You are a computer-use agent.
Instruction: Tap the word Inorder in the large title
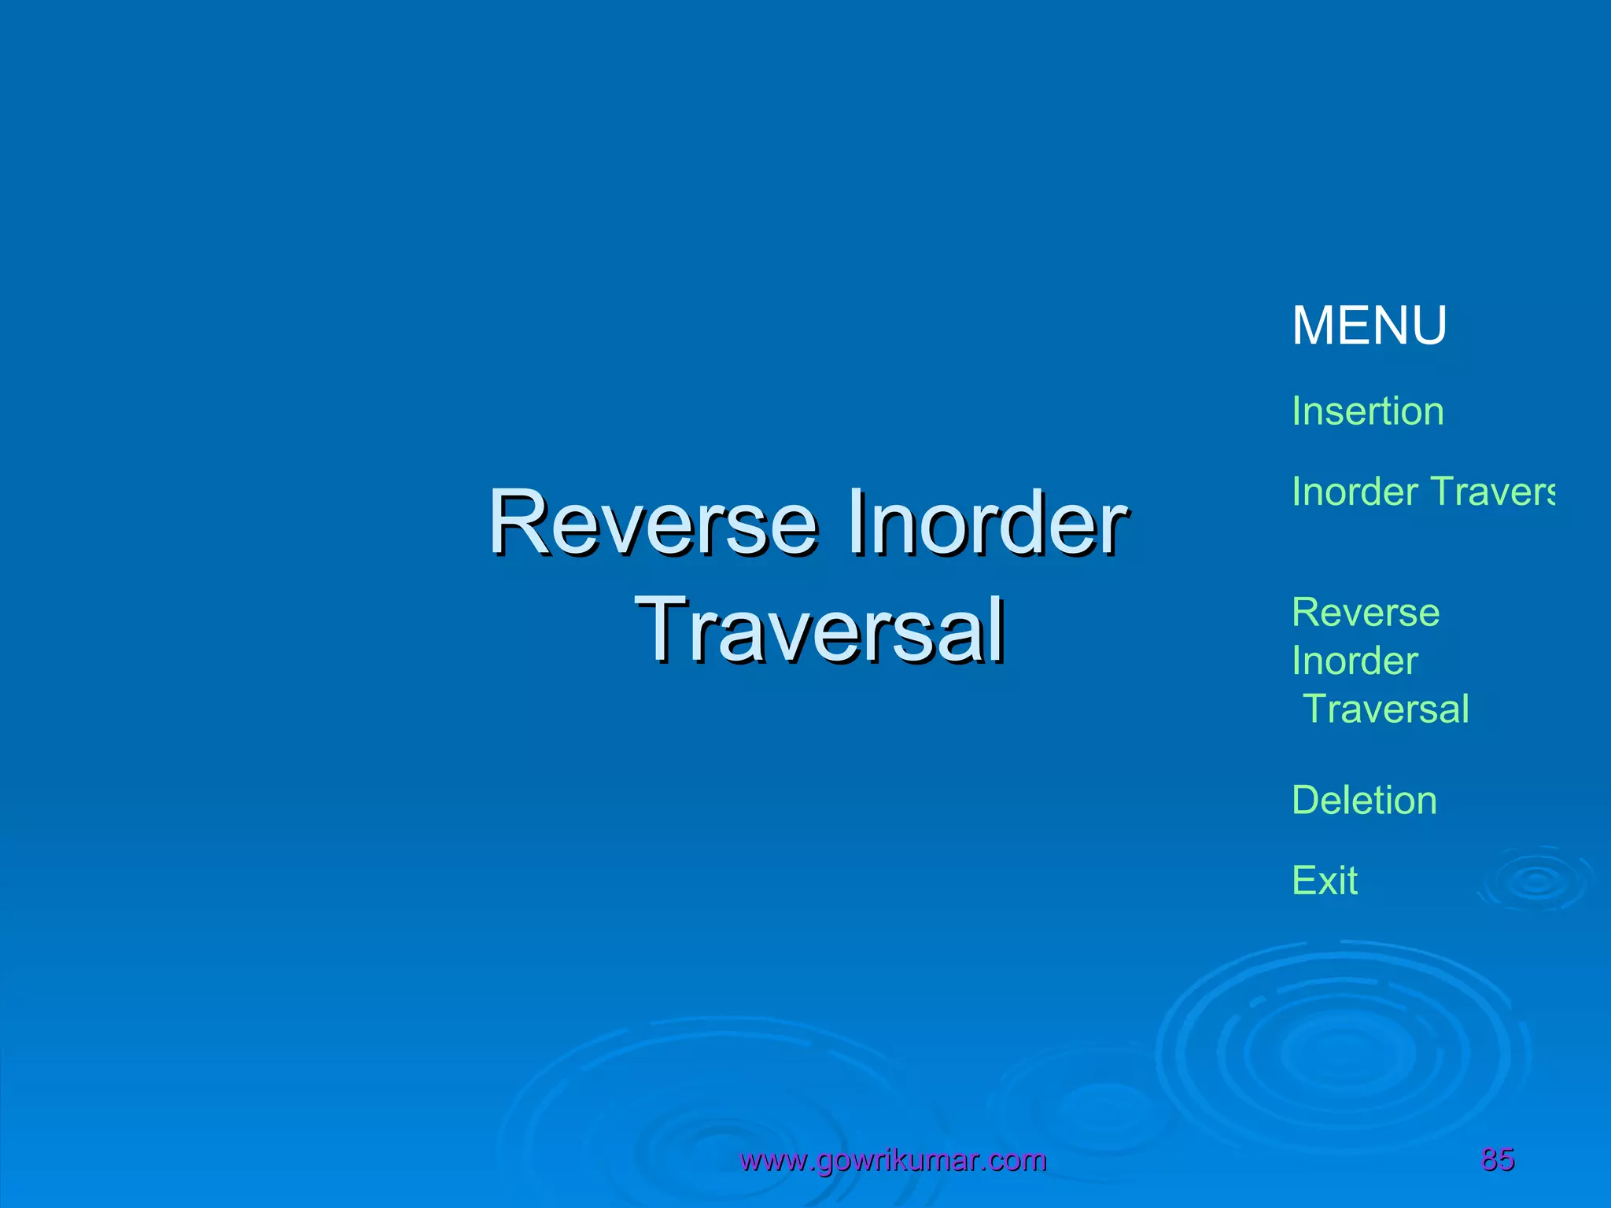987,523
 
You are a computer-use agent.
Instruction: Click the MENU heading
1369,326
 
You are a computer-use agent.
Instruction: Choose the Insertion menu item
1367,411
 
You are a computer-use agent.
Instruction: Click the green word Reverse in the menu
1366,613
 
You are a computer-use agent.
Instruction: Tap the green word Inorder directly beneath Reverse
1355,661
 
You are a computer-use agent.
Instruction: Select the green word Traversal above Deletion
1386,709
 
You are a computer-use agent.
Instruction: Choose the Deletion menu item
1364,801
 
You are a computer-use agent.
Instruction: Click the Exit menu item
1325,881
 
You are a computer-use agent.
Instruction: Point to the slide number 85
1498,1159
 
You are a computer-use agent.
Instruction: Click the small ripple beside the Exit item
1536,881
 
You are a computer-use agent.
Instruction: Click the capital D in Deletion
1306,801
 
